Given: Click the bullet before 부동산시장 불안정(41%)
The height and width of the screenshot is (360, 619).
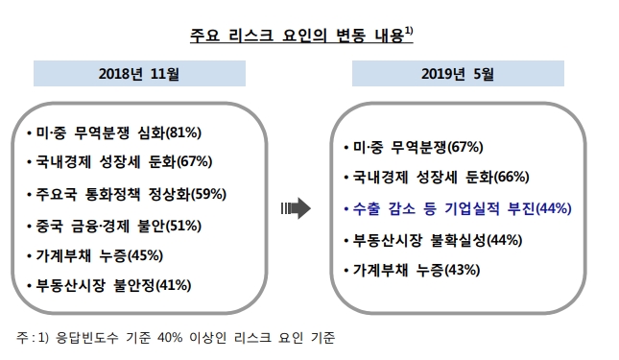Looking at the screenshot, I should point(29,285).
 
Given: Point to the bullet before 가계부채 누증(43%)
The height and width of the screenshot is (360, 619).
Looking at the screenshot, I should point(347,270).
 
